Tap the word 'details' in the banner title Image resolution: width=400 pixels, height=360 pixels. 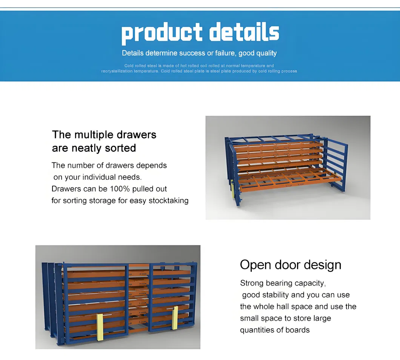244,32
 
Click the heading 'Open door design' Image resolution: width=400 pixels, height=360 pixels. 291,265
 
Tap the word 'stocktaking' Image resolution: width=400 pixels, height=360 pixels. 168,201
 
